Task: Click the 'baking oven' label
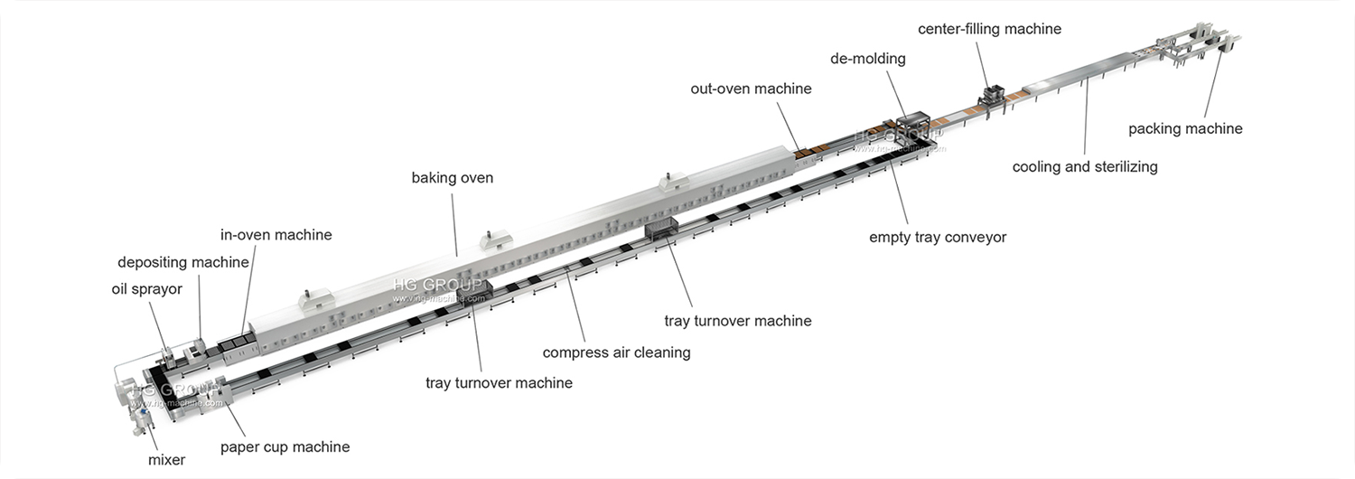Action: tap(453, 178)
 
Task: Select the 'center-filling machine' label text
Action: tap(989, 29)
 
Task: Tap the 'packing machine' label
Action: tap(1185, 129)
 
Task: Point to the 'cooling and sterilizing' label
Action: tap(1085, 167)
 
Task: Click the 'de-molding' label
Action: tap(867, 59)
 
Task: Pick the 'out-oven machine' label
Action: tap(751, 89)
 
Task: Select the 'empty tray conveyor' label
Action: tap(938, 238)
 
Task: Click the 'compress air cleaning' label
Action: tap(616, 352)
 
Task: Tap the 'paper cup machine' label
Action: tap(285, 446)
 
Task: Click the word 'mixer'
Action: tap(166, 460)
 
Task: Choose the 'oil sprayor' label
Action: tap(146, 289)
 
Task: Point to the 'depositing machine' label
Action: tap(183, 262)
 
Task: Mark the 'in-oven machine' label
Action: tap(276, 235)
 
